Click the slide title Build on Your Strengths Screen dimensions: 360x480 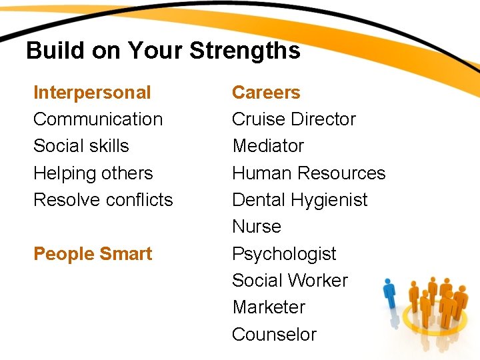(163, 51)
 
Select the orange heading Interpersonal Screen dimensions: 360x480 (92, 93)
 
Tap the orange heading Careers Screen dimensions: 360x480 (266, 93)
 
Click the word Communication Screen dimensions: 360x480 (98, 119)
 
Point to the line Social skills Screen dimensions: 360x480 (81, 146)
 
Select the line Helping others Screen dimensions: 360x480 (93, 173)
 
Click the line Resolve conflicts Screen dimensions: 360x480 (103, 200)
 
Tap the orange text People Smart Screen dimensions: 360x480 (93, 254)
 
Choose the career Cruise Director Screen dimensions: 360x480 (293, 119)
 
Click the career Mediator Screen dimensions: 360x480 (267, 146)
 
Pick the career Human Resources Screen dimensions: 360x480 (308, 173)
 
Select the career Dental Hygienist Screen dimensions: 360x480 (299, 200)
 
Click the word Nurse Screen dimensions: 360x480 (256, 227)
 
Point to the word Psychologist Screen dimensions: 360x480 (284, 254)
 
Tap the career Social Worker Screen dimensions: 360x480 (289, 281)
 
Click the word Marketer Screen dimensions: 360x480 (268, 307)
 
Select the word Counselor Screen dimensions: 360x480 (274, 335)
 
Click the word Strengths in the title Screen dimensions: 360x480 (245, 51)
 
